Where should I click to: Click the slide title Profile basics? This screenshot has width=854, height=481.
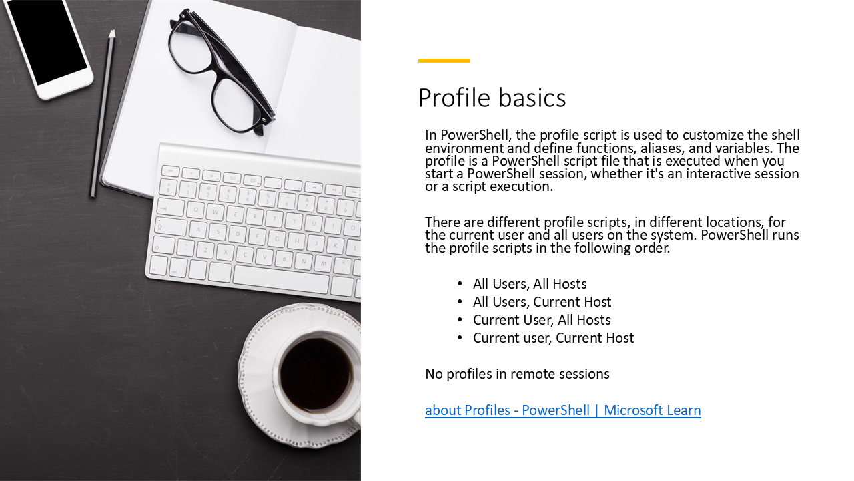coord(492,98)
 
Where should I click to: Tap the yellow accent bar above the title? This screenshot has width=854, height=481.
coord(444,61)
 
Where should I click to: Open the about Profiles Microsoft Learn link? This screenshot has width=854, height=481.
coord(562,410)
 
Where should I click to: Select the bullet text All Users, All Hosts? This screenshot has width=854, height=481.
coord(530,284)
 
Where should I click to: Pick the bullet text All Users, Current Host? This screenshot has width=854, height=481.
coord(542,302)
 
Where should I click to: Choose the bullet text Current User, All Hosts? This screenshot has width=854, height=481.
coord(542,320)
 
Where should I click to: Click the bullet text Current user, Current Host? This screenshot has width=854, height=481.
coord(553,338)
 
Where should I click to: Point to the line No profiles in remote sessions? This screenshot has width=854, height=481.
coord(517,374)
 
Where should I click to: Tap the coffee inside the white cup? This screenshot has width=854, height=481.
coord(315,374)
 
